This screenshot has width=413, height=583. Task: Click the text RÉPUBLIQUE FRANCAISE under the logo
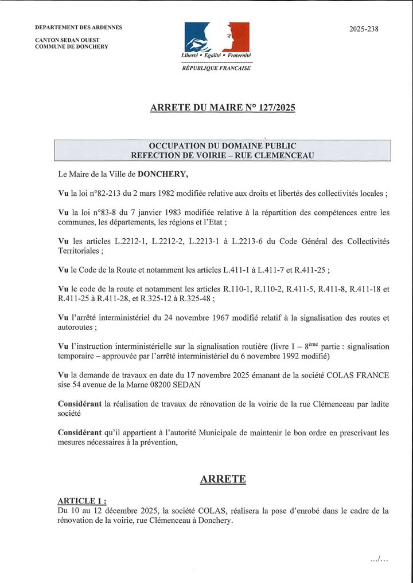point(216,68)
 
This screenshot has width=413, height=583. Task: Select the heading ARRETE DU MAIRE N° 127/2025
point(223,107)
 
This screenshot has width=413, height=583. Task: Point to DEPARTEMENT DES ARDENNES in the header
point(79,27)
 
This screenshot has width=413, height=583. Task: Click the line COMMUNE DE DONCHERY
point(72,46)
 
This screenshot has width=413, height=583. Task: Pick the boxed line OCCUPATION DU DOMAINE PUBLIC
point(223,145)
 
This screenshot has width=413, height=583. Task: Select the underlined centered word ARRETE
point(223,479)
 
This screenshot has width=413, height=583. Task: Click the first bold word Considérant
point(81,404)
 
